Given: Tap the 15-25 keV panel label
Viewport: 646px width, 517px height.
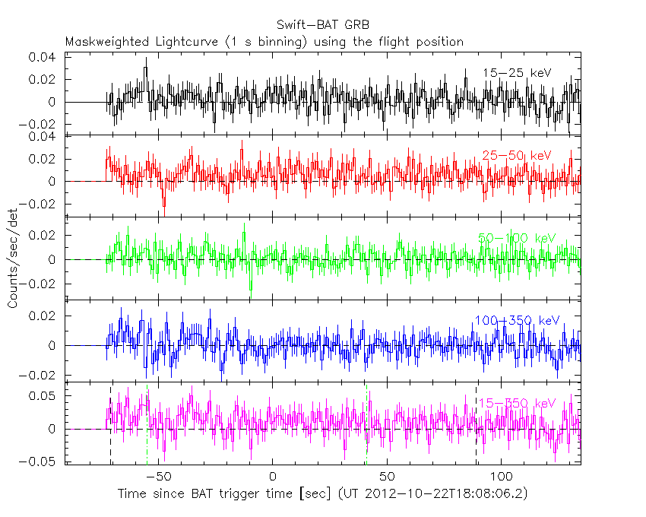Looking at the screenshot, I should [516, 73].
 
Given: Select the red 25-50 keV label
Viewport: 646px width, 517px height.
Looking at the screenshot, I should [516, 156].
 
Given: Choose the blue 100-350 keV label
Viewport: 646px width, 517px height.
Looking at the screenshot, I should [517, 321].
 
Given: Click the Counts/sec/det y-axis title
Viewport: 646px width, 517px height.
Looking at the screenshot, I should [13, 258].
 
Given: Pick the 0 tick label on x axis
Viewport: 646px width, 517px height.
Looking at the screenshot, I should [272, 476].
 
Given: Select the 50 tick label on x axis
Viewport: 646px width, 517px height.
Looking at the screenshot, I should [387, 476].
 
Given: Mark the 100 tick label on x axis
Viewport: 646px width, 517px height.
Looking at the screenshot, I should [502, 476].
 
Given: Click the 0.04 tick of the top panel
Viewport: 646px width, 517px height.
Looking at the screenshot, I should [43, 57].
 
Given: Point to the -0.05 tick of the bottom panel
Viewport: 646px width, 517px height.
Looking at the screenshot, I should [40, 460].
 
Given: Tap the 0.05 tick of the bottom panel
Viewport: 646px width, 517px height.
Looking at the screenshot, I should [43, 396].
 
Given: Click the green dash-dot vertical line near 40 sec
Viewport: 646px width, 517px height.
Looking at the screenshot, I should [366, 426].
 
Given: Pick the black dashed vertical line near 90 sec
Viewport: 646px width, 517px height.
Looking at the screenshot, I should [477, 426].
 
